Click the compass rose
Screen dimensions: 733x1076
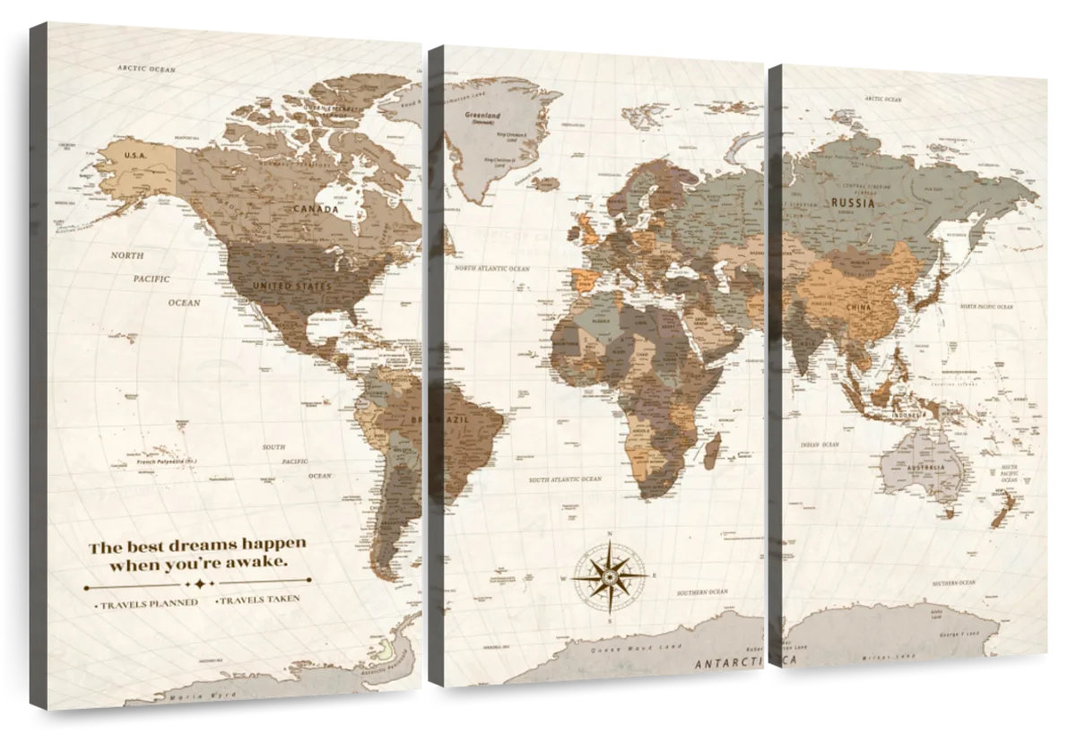(610, 575)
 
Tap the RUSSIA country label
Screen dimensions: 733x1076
(853, 203)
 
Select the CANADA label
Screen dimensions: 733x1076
(316, 209)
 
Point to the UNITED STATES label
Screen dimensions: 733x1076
(291, 286)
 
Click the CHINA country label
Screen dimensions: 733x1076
(859, 307)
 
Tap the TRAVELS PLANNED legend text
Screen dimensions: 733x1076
(149, 604)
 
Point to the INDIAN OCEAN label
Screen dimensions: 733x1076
(820, 444)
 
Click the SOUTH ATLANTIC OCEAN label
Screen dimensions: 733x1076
(565, 479)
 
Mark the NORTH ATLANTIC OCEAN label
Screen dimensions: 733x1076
(492, 268)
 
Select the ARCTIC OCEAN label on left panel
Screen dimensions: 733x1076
(148, 69)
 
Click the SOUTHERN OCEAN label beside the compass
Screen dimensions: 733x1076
(703, 592)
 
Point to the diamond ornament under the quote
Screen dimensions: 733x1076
(198, 583)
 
